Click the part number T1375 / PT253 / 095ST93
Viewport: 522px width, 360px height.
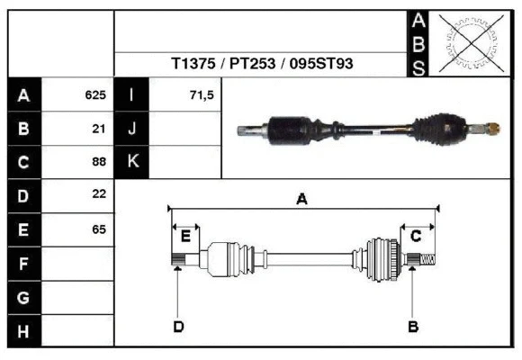pyautogui.click(x=262, y=65)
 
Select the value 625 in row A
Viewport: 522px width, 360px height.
pyautogui.click(x=95, y=94)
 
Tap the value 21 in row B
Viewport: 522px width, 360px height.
pyautogui.click(x=99, y=129)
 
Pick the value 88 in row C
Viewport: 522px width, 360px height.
pyautogui.click(x=99, y=162)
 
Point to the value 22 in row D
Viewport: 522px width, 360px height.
pyautogui.click(x=99, y=194)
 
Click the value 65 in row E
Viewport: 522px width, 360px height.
pyautogui.click(x=99, y=229)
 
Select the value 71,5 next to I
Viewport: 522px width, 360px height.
pyautogui.click(x=202, y=94)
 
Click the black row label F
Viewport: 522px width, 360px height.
pyautogui.click(x=23, y=263)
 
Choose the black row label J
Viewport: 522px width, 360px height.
pyautogui.click(x=132, y=129)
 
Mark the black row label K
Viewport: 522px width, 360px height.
pyautogui.click(x=132, y=162)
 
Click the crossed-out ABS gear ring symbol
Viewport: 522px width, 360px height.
pyautogui.click(x=469, y=42)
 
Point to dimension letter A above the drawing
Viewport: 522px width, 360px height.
pyautogui.click(x=302, y=200)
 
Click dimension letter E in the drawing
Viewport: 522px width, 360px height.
pyautogui.click(x=185, y=237)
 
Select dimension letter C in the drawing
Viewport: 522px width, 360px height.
pyautogui.click(x=417, y=236)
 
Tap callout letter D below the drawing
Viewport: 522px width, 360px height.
pyautogui.click(x=178, y=326)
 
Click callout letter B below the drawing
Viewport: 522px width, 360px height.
pyautogui.click(x=413, y=326)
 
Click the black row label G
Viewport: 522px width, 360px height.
pyautogui.click(x=23, y=297)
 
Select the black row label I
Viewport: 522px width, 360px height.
pyautogui.click(x=132, y=94)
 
